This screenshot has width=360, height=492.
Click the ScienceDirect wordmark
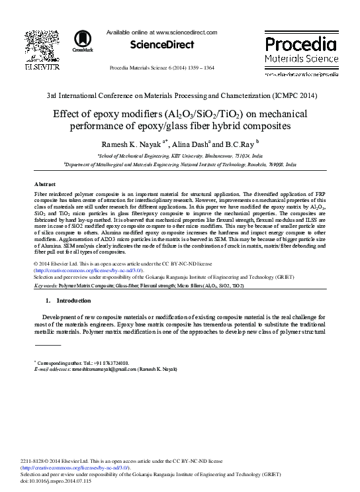[x=162, y=45]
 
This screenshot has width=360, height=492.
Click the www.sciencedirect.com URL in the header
[x=185, y=32]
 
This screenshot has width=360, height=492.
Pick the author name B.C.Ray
[x=240, y=144]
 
